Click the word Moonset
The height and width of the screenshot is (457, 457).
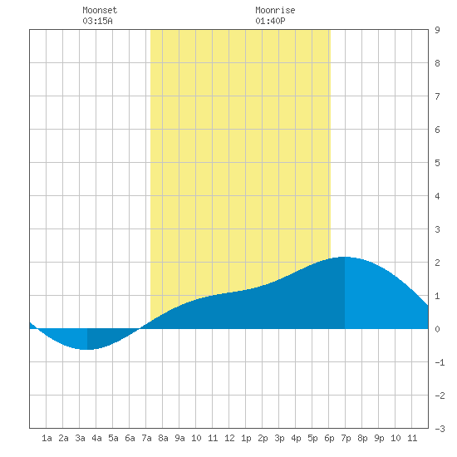tap(100, 10)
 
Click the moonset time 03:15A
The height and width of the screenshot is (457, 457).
tap(97, 21)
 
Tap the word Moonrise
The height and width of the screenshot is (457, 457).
tap(275, 10)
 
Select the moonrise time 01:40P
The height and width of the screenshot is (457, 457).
tap(270, 21)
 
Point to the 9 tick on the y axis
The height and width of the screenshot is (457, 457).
tap(437, 30)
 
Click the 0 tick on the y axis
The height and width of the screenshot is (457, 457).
tap(437, 329)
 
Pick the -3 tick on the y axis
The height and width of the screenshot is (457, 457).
tap(440, 429)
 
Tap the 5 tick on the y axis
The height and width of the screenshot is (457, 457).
tap(437, 163)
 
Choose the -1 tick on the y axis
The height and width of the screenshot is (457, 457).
tap(440, 362)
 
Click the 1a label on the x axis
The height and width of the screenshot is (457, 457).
tap(47, 438)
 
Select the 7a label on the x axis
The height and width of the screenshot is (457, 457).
tap(146, 438)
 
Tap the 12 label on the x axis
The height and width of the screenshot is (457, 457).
tap(229, 438)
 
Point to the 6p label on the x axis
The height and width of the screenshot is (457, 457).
tap(329, 438)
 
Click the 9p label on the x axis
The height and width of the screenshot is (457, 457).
tap(379, 438)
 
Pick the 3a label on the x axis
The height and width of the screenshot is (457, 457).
tap(80, 438)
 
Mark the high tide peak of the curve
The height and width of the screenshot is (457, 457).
tap(345, 257)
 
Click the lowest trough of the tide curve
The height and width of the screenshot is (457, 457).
tap(86, 349)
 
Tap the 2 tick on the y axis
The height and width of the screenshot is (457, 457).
tap(437, 263)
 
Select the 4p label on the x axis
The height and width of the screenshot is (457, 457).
tap(296, 438)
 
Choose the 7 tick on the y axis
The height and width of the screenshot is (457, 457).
tap(437, 96)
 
